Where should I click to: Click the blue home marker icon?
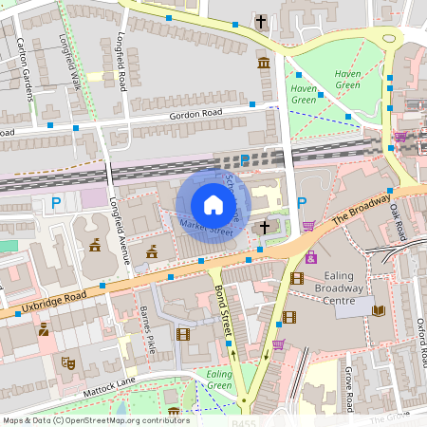pyautogui.click(x=213, y=205)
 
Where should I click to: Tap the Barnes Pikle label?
pyautogui.click(x=147, y=326)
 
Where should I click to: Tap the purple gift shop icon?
pyautogui.click(x=311, y=257)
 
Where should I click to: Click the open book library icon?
pyautogui.click(x=379, y=310)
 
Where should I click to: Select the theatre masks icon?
pyautogui.click(x=67, y=362)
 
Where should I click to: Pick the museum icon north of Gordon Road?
pyautogui.click(x=263, y=63)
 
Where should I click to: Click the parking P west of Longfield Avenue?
pyautogui.click(x=56, y=201)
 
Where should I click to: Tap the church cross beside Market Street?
pyautogui.click(x=266, y=227)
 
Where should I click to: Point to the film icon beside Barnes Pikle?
pyautogui.click(x=183, y=333)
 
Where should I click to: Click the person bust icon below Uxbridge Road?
pyautogui.click(x=43, y=330)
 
